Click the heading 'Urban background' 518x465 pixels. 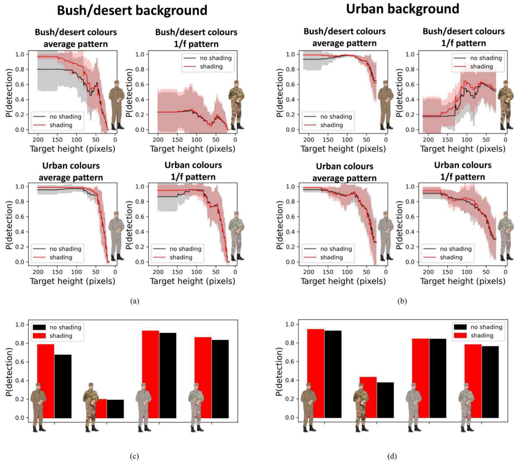pyautogui.click(x=403, y=9)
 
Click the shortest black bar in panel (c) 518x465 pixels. pyautogui.click(x=115, y=409)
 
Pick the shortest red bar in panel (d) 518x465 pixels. pyautogui.click(x=368, y=397)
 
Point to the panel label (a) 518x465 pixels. pyautogui.click(x=135, y=301)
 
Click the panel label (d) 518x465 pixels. pyautogui.click(x=392, y=456)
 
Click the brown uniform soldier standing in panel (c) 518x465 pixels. pyautogui.click(x=38, y=406)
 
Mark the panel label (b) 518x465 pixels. pyautogui.click(x=402, y=301)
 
